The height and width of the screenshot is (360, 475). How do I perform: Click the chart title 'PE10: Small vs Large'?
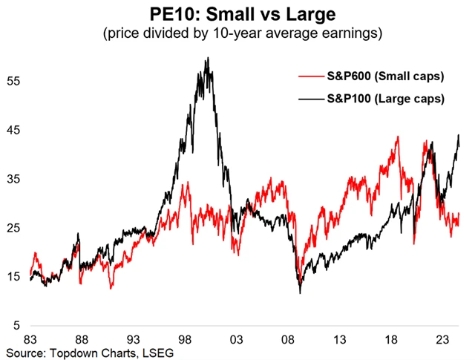click(237, 13)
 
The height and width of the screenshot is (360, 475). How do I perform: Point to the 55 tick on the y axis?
click(14, 81)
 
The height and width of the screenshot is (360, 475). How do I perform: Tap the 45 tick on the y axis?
click(14, 130)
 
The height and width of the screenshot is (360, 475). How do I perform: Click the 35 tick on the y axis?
click(14, 179)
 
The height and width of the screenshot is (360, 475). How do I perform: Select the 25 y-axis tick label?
click(14, 228)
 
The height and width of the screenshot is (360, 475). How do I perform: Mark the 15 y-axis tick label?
click(14, 277)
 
